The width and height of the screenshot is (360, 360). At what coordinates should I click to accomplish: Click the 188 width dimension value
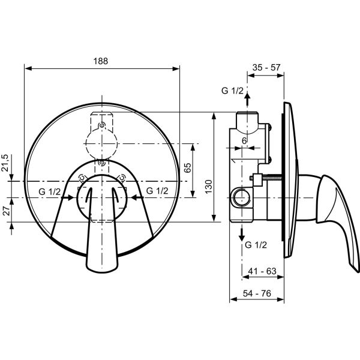tap(101, 61)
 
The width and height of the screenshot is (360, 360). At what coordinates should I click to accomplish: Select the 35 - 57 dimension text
tap(266, 67)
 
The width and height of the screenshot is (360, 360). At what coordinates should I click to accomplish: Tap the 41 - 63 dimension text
tap(262, 271)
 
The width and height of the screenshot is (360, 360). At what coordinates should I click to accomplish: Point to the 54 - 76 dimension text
tap(257, 293)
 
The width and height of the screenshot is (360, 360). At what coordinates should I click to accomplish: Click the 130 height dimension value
tap(209, 187)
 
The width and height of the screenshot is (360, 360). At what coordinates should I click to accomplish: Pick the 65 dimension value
tap(188, 168)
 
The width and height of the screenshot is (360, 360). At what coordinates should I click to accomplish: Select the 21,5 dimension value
tap(5, 163)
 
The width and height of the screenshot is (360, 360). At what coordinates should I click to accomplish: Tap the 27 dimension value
tap(6, 211)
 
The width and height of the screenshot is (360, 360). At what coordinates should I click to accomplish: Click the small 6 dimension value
tap(244, 141)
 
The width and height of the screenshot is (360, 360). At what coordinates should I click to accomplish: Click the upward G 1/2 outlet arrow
tap(247, 99)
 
